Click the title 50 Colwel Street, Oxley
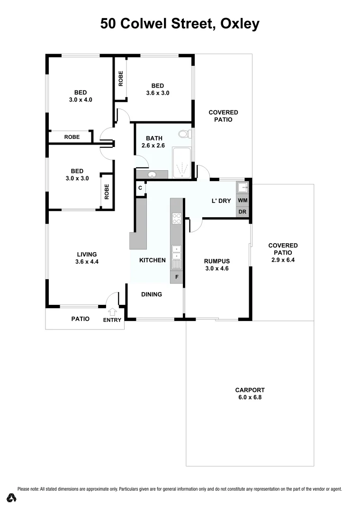(x=180, y=24)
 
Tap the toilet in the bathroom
(x=184, y=134)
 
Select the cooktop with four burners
(x=177, y=219)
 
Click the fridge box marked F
(x=177, y=276)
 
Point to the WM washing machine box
(x=243, y=201)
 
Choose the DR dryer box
(x=243, y=212)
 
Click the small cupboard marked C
(x=140, y=188)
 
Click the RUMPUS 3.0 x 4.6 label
(x=216, y=265)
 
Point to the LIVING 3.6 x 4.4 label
(x=87, y=258)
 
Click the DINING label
(x=152, y=294)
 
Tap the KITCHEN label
(x=152, y=260)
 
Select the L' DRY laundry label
(x=221, y=201)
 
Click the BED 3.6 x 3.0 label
(x=158, y=89)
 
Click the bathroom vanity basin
(x=152, y=175)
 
